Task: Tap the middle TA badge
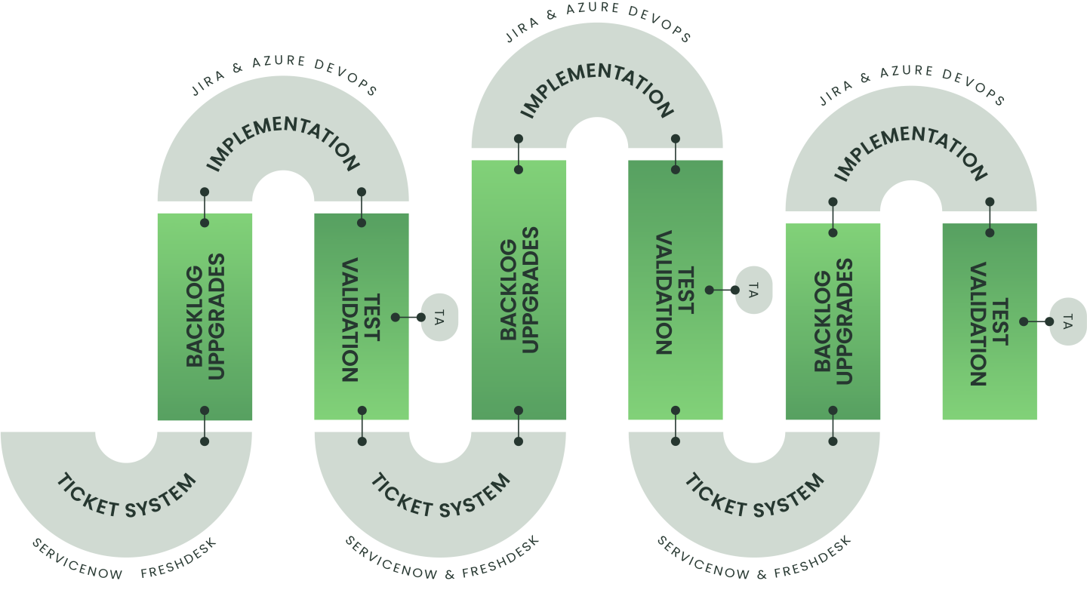(753, 290)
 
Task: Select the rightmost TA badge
(1067, 321)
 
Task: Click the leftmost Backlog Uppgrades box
(205, 316)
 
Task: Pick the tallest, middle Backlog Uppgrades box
(519, 289)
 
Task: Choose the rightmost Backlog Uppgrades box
(833, 321)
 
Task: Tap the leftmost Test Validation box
(362, 316)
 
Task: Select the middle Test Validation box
(676, 289)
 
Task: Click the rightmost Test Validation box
(990, 321)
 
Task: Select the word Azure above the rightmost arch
(907, 71)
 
